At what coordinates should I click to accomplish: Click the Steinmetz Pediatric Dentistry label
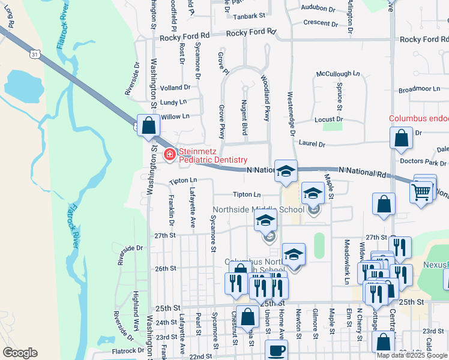coord(213,155)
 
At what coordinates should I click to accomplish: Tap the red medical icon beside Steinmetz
coord(170,155)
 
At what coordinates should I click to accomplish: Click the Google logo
coord(20,353)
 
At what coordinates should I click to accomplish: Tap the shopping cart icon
coord(421,192)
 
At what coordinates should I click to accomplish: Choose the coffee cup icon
coord(276,350)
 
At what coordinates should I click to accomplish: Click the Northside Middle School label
coord(259,210)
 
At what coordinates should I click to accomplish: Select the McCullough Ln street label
coord(338,74)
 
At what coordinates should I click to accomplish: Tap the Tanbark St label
coord(249,16)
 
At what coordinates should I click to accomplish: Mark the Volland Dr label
coord(175,88)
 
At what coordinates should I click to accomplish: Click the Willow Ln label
coord(175,116)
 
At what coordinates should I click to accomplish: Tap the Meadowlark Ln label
coord(347,254)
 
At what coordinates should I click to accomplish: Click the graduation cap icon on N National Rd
coord(286,171)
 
